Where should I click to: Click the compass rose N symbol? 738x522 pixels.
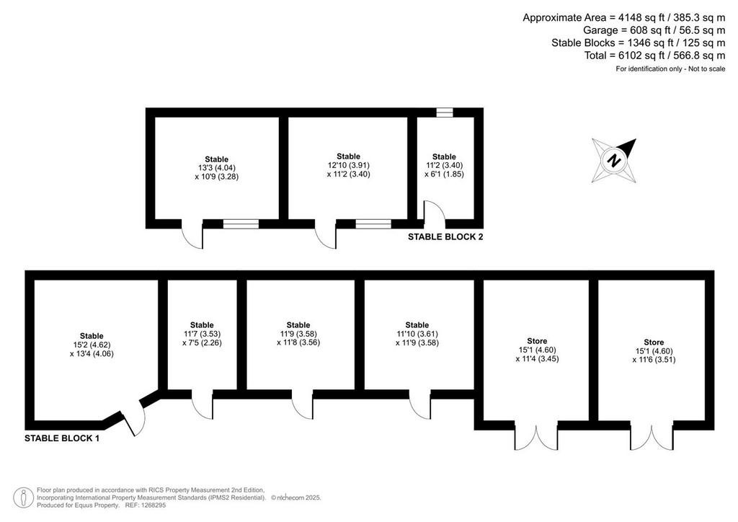pos(614,161)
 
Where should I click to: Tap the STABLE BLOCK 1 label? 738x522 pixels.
pos(62,438)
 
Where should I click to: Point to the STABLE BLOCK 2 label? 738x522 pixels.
pos(445,236)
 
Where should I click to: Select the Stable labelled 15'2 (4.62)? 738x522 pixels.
pos(92,345)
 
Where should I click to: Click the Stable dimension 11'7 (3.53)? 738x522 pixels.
pos(202,334)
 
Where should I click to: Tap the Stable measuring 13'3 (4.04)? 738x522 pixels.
pos(216,168)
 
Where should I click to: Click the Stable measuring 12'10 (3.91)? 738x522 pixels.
pos(348,165)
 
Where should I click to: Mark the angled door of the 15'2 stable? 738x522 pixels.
pos(133,418)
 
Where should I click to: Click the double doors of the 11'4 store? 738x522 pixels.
pos(536,437)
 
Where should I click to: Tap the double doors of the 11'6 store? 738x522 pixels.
pos(652,437)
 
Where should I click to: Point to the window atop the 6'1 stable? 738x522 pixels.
pos(444,112)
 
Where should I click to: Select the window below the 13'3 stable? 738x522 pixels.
pos(241,224)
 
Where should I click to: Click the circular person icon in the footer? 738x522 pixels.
pos(23,498)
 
